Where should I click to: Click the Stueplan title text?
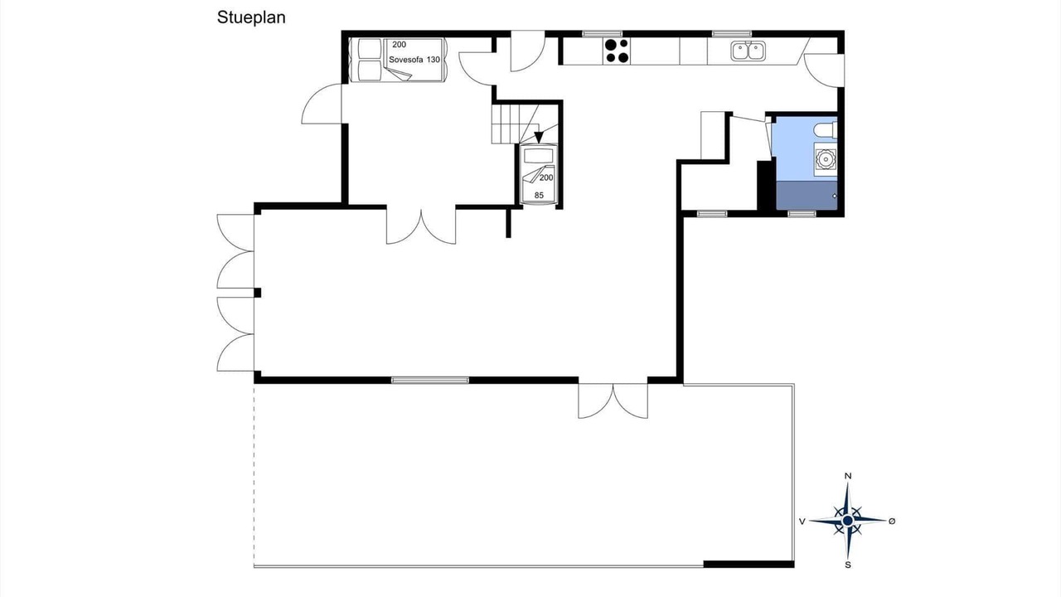251,18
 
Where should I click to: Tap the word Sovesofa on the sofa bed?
406,60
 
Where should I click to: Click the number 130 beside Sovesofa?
433,60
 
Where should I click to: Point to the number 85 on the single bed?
539,195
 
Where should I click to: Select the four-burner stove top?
617,51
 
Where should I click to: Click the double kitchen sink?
748,51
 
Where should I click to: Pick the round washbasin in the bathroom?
826,159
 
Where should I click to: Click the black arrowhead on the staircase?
539,137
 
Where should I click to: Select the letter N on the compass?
848,476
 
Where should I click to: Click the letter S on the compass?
848,565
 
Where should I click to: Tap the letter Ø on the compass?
892,522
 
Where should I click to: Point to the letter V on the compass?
802,522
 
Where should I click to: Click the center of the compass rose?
848,521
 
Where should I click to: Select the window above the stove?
602,34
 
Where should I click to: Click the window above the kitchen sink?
732,34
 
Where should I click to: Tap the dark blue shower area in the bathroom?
807,195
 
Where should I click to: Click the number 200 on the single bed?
546,177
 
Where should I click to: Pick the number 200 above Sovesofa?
400,45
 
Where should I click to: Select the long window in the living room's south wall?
430,380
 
